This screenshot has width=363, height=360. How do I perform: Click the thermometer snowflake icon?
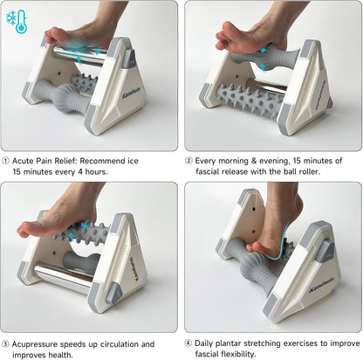[x=17, y=22]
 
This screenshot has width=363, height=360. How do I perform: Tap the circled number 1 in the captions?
[x=6, y=162]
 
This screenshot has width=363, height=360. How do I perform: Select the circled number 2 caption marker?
[x=188, y=162]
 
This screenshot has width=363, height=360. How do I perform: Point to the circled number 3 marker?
[x=6, y=344]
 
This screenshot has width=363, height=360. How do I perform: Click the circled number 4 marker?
[x=188, y=344]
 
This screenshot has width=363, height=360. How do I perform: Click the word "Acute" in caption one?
[x=26, y=162]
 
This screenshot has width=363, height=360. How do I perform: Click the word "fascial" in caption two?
[x=212, y=173]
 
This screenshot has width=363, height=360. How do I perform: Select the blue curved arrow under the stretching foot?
[x=277, y=250]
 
